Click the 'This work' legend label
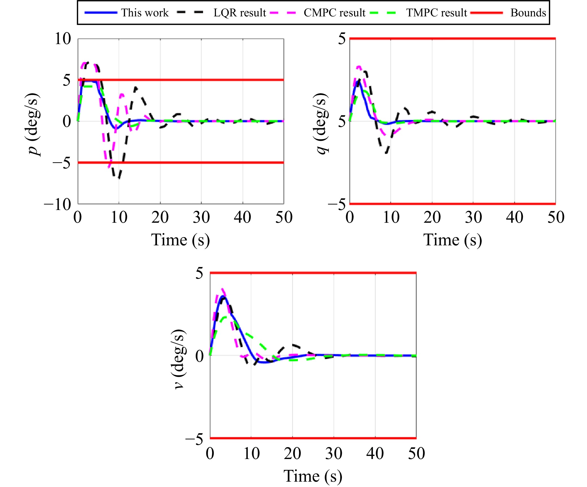point(145,13)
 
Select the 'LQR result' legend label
point(239,13)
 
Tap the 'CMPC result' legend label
point(334,13)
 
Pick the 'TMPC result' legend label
point(437,13)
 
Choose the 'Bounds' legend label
point(528,13)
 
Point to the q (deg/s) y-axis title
point(321,123)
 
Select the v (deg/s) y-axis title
point(179,359)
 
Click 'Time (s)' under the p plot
point(180,240)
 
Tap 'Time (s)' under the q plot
point(453,240)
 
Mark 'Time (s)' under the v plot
point(313,476)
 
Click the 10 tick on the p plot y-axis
point(63,39)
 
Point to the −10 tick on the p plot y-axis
point(58,204)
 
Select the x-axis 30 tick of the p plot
point(201,217)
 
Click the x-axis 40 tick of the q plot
point(514,217)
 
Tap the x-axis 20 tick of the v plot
point(292,454)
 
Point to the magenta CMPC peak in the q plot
point(359,67)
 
